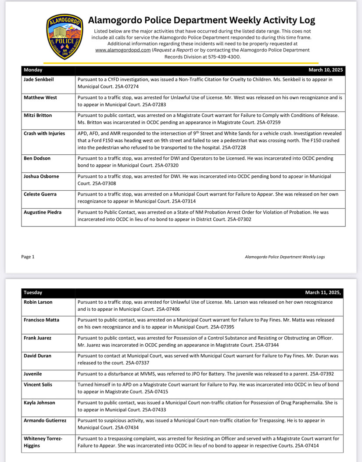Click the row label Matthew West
pyautogui.click(x=40, y=98)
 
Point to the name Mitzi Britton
pyautogui.click(x=38, y=115)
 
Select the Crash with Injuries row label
pyautogui.click(x=44, y=133)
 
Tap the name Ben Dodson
pyautogui.click(x=37, y=158)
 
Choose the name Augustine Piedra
pyautogui.click(x=43, y=212)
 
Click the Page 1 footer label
pyautogui.click(x=28, y=257)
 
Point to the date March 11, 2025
pyautogui.click(x=323, y=293)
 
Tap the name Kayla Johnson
pyautogui.click(x=39, y=403)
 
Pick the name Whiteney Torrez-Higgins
pyautogui.click(x=43, y=442)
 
